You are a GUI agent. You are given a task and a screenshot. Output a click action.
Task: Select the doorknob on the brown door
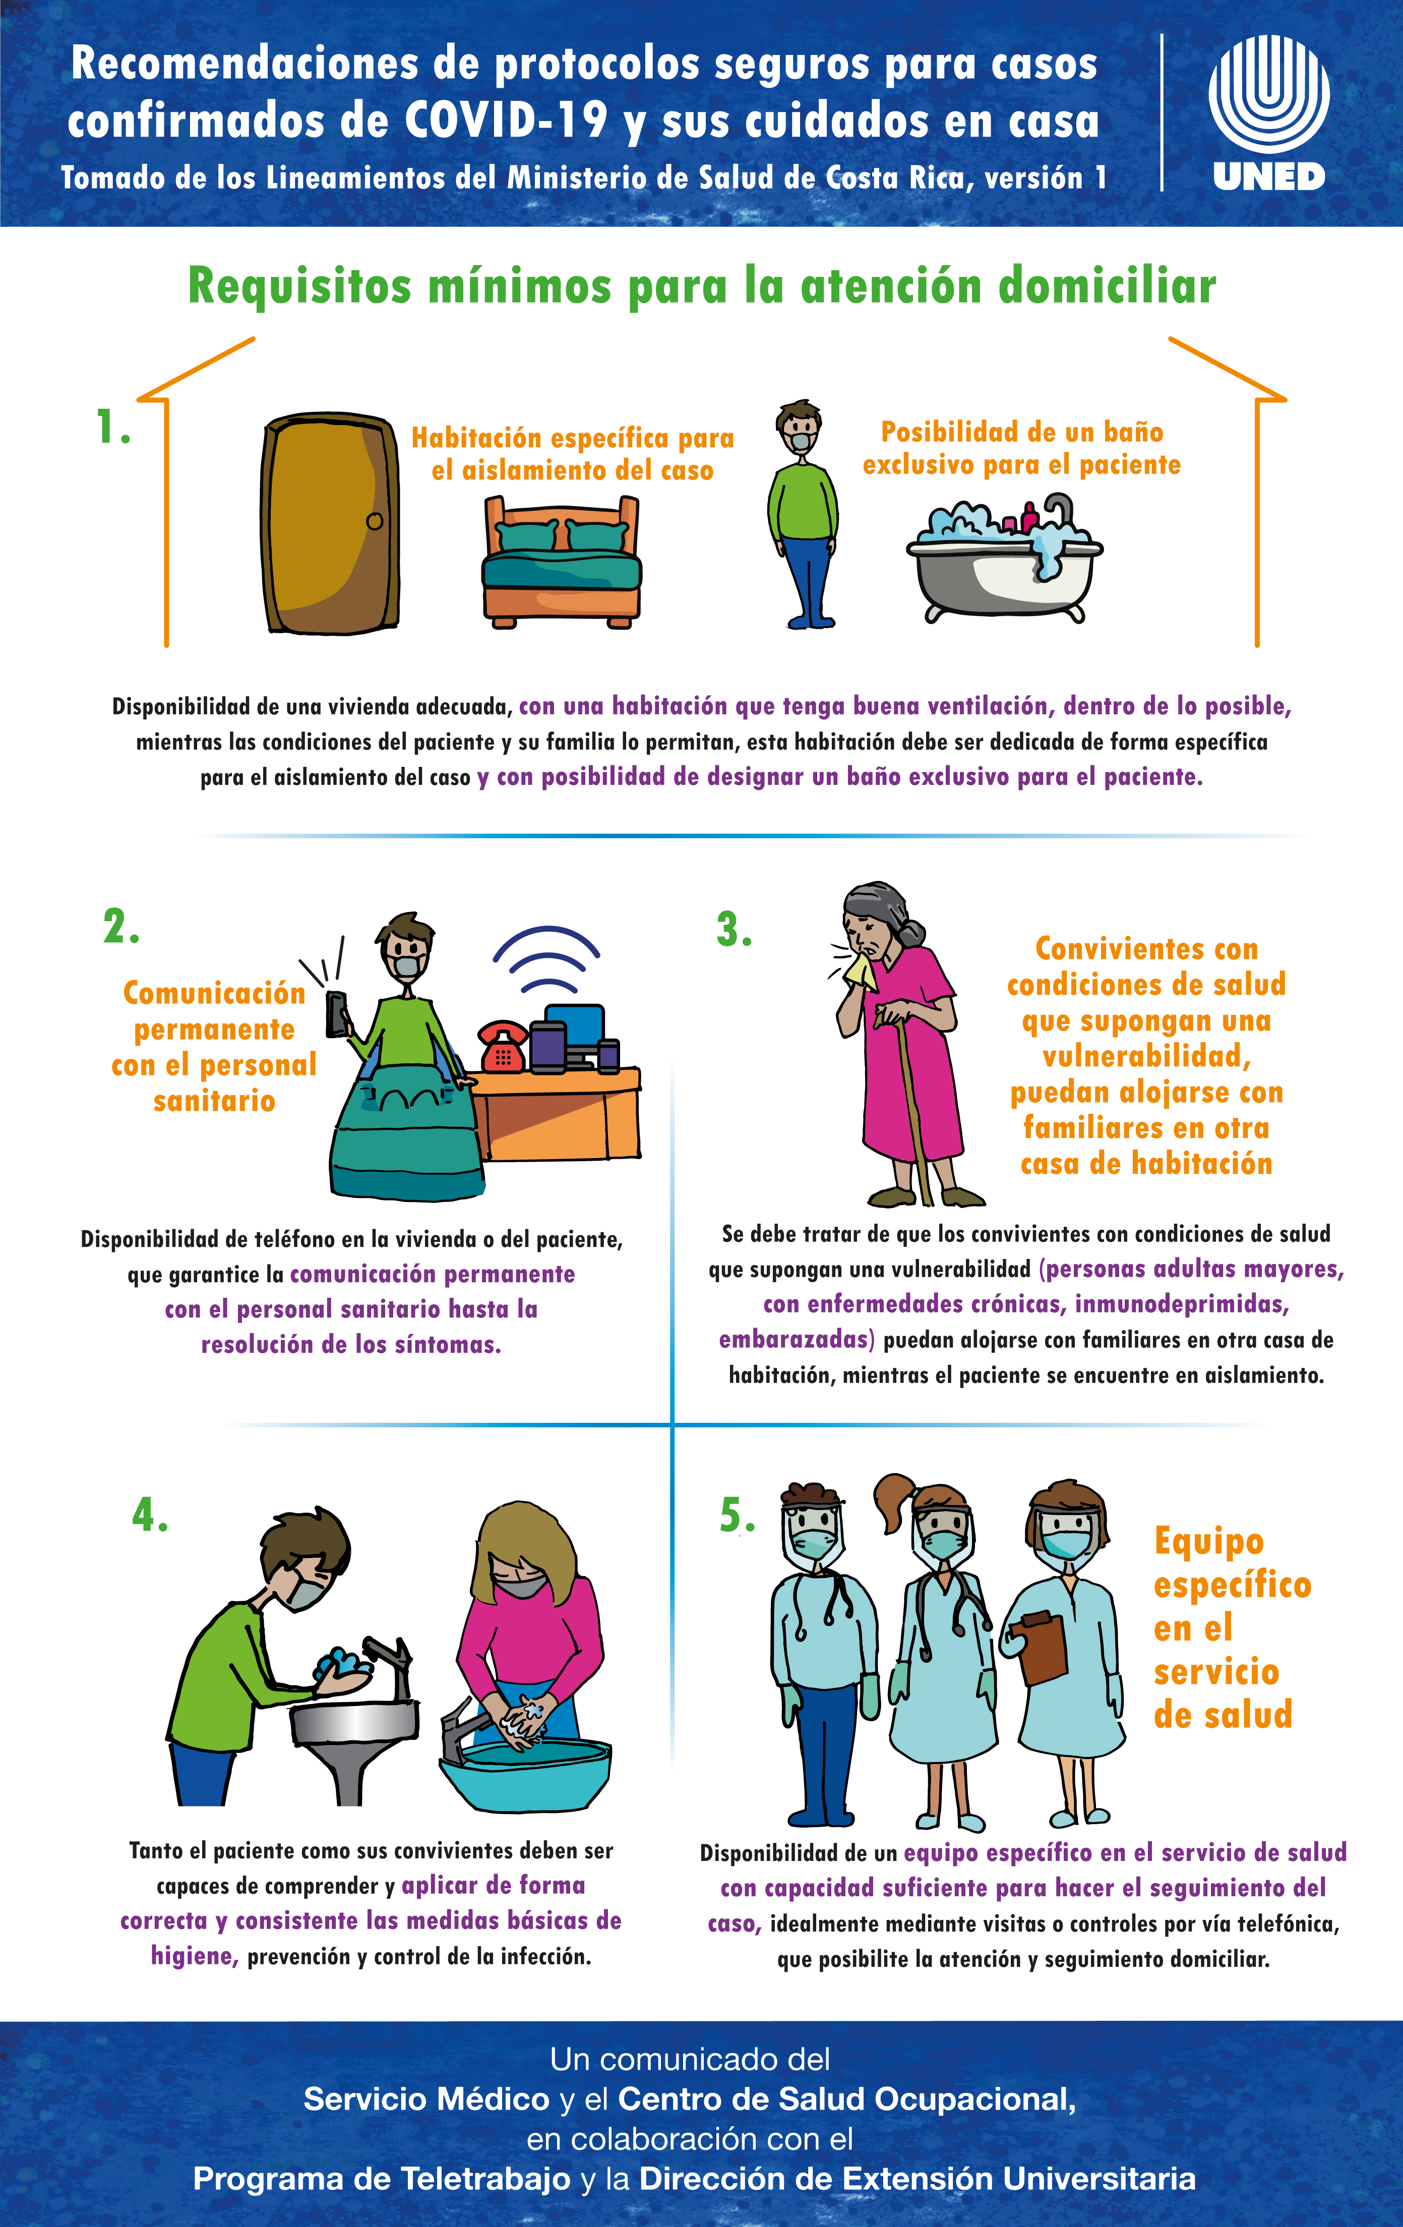tap(375, 521)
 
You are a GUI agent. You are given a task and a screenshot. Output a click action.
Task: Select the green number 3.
tap(735, 929)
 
